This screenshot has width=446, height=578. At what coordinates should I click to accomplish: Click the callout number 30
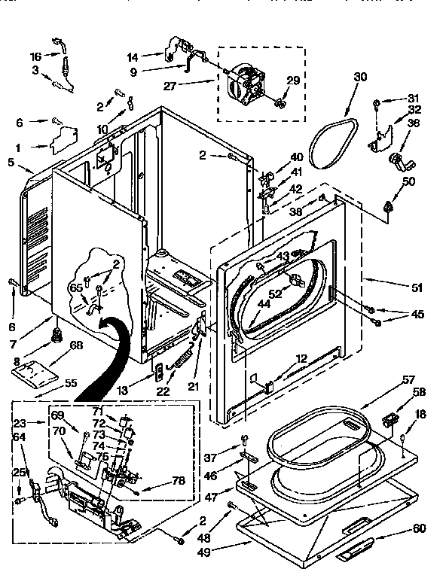tap(360, 76)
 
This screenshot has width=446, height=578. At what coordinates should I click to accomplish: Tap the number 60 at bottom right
tap(419, 528)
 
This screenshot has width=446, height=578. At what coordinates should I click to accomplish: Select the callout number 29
tap(293, 81)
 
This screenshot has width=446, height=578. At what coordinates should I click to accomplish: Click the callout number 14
tap(133, 56)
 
